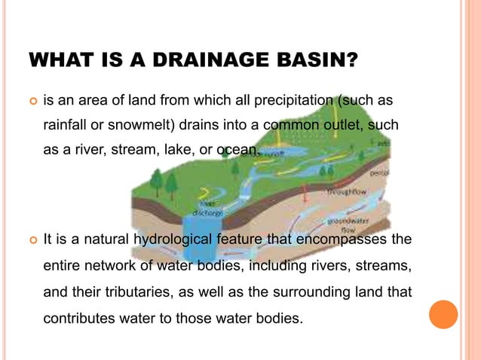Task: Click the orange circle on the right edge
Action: (x=443, y=314)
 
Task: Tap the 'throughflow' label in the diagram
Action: (x=347, y=191)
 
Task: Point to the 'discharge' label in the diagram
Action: (x=208, y=212)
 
